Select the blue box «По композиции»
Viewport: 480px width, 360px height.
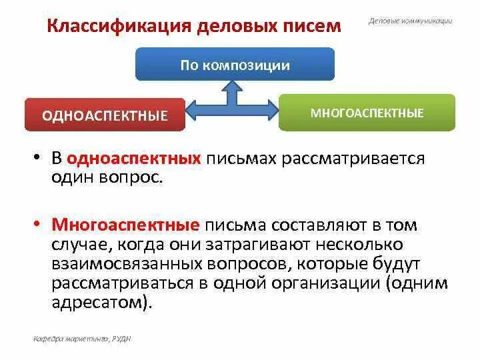pos(235,65)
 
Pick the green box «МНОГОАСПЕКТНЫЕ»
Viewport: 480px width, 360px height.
pos(367,113)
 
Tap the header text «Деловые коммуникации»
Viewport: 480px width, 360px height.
pos(410,21)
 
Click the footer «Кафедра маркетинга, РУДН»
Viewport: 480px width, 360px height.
pos(82,339)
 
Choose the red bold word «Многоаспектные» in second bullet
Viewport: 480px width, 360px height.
pos(126,225)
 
